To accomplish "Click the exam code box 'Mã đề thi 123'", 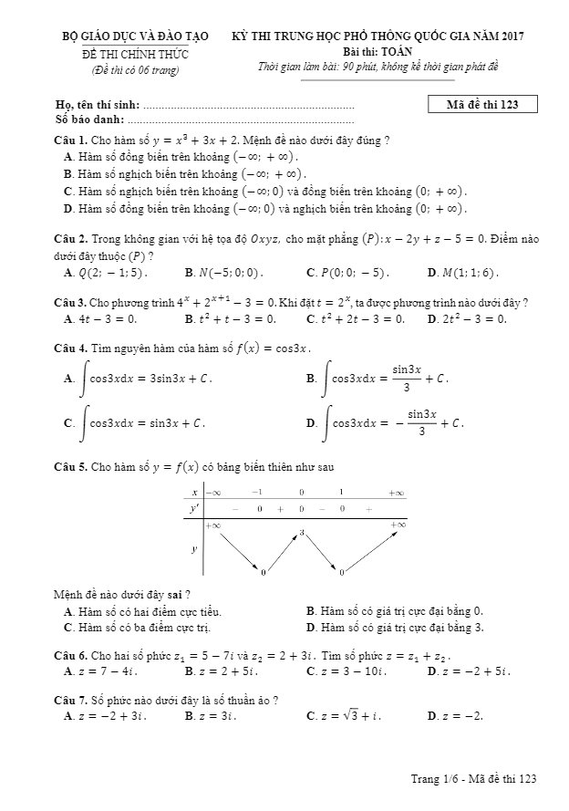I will click(x=483, y=103).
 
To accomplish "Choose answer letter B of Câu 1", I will click(x=68, y=173).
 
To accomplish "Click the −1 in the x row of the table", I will click(x=257, y=492).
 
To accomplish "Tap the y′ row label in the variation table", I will click(x=194, y=509).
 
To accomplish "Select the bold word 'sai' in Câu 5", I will click(x=176, y=595).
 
